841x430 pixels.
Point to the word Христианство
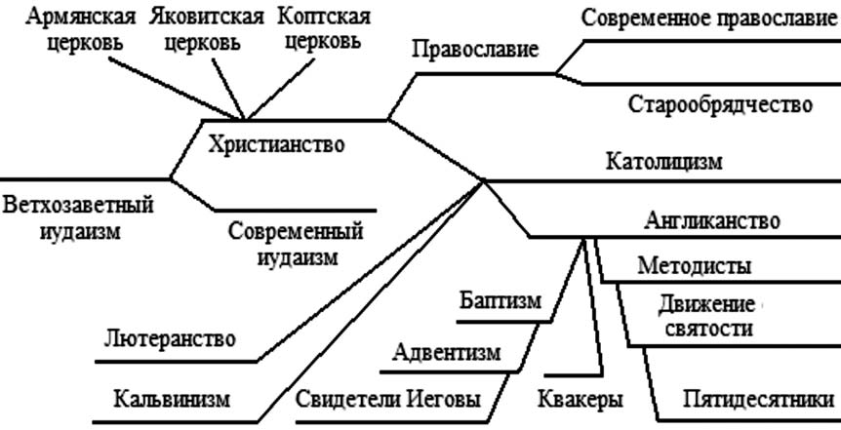pos(276,144)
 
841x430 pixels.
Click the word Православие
pos(475,50)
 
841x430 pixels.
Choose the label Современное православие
pos(709,19)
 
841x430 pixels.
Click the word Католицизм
pos(663,161)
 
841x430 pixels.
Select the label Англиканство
pos(712,220)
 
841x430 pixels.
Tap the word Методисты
pos(695,266)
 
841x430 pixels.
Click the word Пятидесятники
pos(758,400)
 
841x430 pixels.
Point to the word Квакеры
pos(581,400)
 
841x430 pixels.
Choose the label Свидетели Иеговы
pos(387,400)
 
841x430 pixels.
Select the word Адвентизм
pos(447,351)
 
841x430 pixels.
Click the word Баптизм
pos(499,300)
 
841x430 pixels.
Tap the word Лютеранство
pos(170,339)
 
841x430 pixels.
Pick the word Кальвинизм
pos(172,399)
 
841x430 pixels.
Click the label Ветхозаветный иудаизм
pos(79,219)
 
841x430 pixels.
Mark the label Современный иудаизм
pos(297,245)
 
